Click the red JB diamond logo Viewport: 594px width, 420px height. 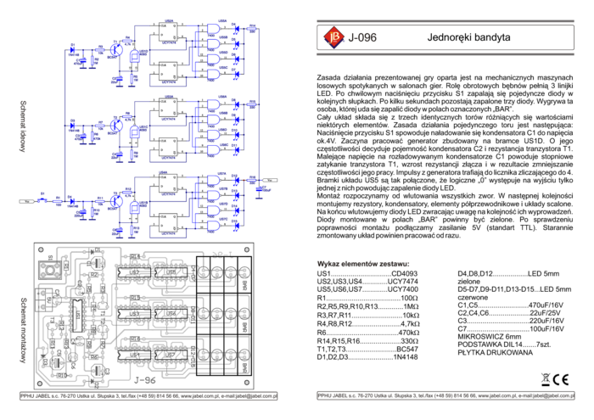point(334,36)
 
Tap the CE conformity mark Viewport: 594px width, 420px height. point(562,379)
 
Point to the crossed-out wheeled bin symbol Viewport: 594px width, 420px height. point(546,379)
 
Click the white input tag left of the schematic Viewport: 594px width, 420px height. point(26,201)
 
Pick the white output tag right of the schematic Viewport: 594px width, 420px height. point(270,180)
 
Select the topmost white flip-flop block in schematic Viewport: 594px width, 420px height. point(168,31)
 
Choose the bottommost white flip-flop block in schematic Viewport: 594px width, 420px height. point(168,222)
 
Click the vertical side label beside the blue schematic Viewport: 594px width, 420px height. point(23,126)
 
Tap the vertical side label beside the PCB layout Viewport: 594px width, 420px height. point(23,329)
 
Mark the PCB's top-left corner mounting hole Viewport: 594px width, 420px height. point(42,251)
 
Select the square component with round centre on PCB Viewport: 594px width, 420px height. point(45,269)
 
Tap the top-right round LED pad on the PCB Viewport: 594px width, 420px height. point(244,272)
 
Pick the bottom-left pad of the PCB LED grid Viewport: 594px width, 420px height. point(204,354)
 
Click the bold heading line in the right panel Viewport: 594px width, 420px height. point(363,264)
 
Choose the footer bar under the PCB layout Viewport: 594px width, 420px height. point(148,396)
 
